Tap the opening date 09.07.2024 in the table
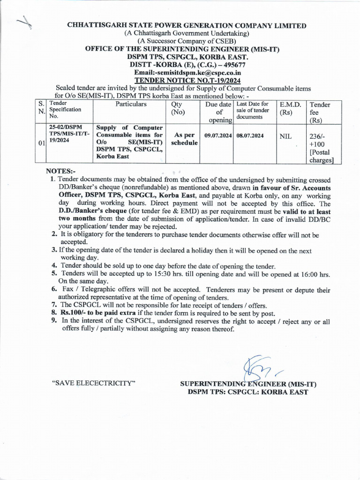click(218, 135)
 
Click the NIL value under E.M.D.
click(285, 136)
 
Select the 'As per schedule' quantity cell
click(184, 139)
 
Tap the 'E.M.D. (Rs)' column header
click(290, 109)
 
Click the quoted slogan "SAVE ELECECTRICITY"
click(94, 383)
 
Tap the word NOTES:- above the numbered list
click(60, 171)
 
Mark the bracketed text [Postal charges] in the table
click(321, 156)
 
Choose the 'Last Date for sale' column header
click(253, 110)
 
